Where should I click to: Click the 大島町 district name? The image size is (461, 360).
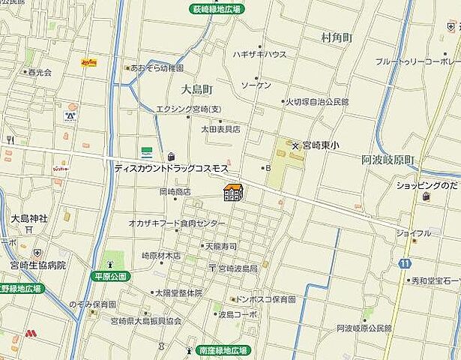197,88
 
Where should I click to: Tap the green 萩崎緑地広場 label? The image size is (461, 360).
215,10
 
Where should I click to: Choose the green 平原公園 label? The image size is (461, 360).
111,276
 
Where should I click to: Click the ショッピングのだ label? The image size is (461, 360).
427,184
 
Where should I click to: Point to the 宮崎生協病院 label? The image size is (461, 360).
39,265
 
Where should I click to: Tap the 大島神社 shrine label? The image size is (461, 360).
28,218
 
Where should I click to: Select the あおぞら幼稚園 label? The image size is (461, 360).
157,67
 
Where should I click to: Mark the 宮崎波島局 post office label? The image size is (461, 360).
237,268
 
